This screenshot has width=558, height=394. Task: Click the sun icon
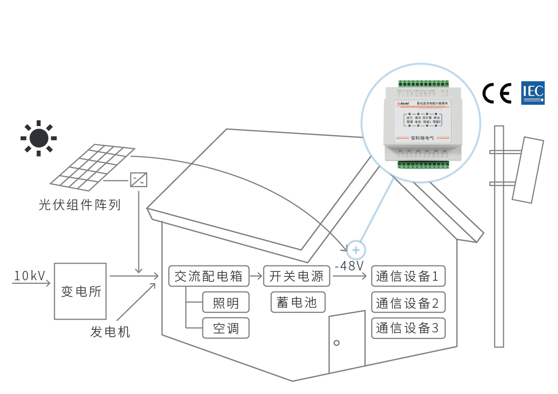(x=38, y=138)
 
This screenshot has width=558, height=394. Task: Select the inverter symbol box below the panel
(x=138, y=180)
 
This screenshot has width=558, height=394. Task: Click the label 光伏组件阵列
(x=79, y=205)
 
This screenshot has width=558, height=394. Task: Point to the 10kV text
(x=30, y=276)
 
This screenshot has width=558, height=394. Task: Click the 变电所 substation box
(x=80, y=291)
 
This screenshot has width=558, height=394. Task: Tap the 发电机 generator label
(x=110, y=331)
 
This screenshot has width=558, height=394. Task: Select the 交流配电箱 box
(x=208, y=276)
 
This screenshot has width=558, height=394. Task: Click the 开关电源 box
(x=296, y=276)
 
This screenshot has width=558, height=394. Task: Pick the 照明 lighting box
(x=226, y=303)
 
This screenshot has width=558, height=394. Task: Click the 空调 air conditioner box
(x=226, y=328)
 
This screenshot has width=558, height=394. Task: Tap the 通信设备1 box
(x=407, y=276)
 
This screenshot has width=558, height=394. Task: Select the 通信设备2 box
(x=407, y=302)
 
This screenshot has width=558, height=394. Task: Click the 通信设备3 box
(x=407, y=328)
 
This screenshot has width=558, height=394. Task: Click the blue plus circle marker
(x=356, y=250)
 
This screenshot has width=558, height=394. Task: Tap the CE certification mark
(x=497, y=93)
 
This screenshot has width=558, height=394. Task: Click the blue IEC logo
(x=533, y=93)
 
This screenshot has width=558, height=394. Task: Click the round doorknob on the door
(x=337, y=342)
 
